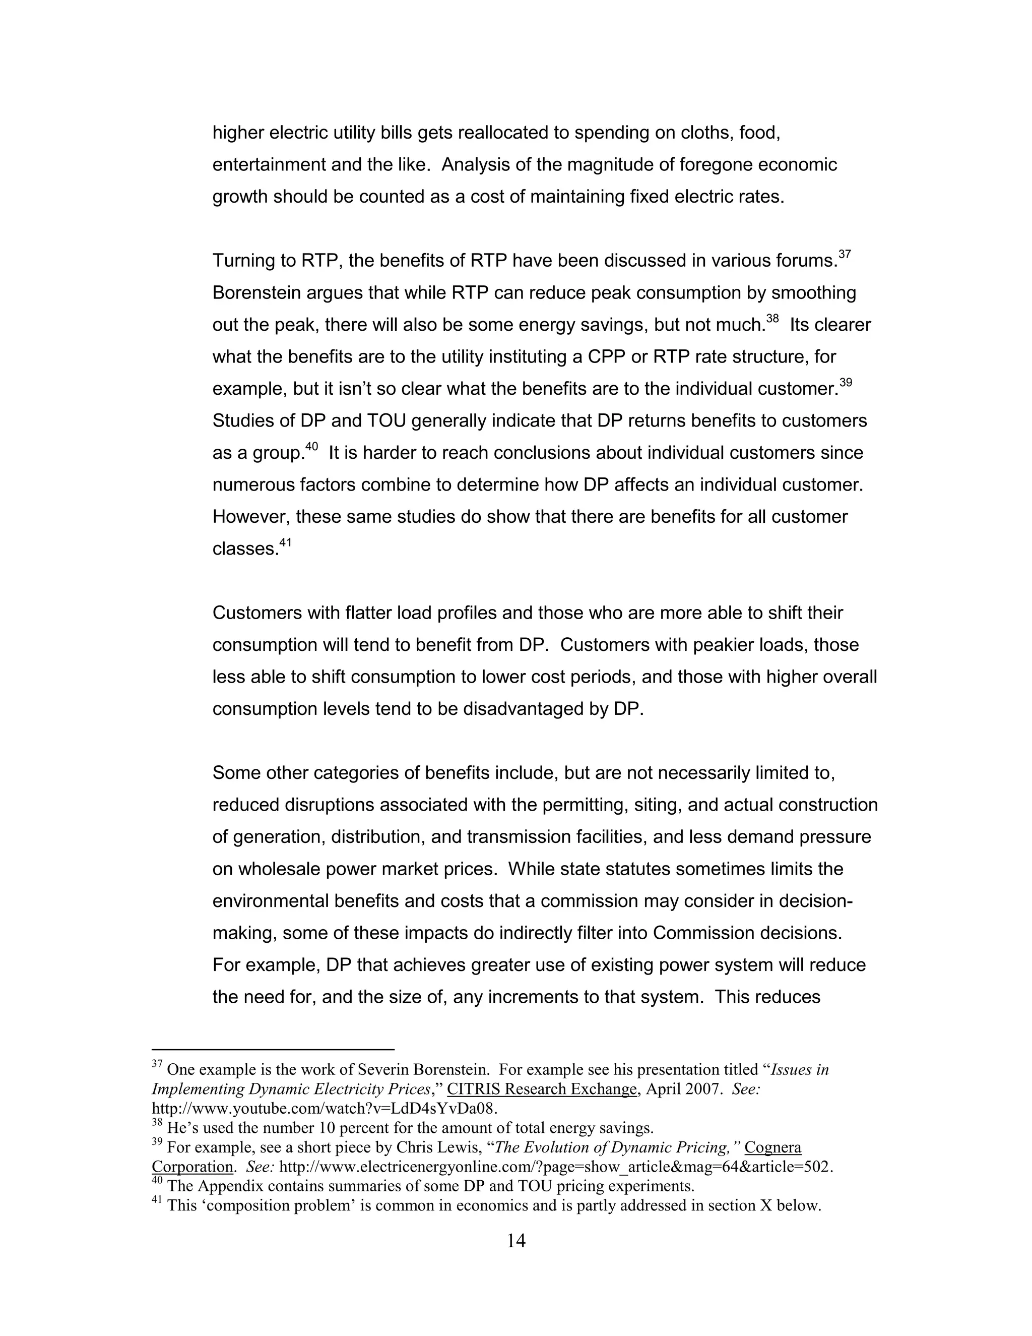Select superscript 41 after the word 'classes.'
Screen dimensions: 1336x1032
286,542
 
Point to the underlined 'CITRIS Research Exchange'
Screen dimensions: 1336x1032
542,1089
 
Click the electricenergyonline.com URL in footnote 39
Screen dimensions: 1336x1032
556,1167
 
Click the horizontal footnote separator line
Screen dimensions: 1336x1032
273,1049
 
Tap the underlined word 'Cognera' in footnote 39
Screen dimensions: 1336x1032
773,1147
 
